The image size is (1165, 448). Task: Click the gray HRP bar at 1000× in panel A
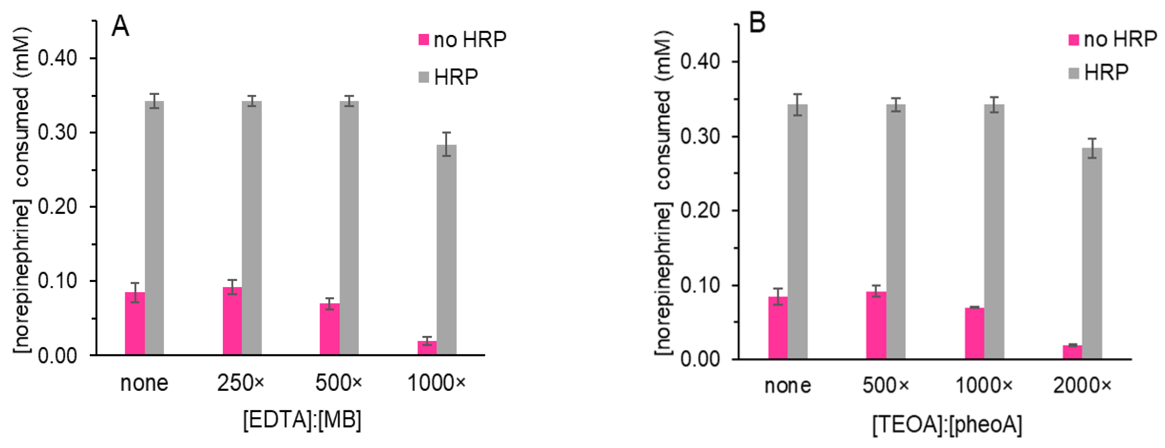pos(447,250)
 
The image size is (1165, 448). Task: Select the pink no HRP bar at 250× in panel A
pos(232,321)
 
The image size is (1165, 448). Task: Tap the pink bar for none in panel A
pos(134,323)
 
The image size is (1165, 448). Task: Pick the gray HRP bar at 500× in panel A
pos(349,228)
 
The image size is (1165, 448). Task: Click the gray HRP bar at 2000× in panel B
pos(1091,253)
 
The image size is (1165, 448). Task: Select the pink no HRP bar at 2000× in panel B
pos(1072,352)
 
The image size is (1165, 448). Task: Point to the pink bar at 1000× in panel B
pos(974,333)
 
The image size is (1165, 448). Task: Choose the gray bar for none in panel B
pos(797,231)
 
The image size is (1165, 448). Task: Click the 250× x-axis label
pos(241,383)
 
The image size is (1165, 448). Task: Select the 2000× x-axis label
pos(1082,386)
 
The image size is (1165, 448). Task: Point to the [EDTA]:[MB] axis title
pos(302,420)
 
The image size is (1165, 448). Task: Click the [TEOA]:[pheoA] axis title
pos(947,425)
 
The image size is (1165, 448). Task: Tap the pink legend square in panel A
pos(423,40)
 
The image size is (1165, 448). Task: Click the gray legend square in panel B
pos(1074,73)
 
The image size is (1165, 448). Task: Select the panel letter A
pos(121,26)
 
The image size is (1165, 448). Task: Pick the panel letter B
pos(757,22)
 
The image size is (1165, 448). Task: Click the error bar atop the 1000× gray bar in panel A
pos(447,144)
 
